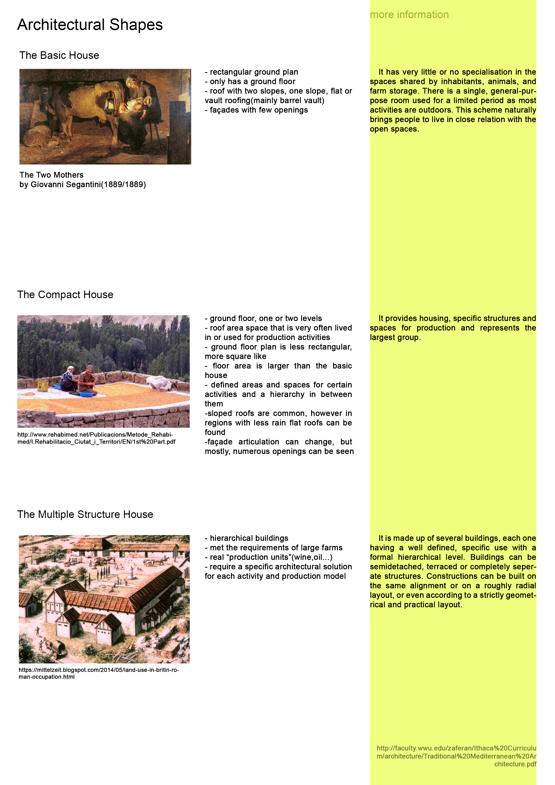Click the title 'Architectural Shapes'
click(90, 25)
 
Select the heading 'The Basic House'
click(59, 55)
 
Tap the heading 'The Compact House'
click(65, 294)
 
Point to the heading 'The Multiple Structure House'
click(85, 514)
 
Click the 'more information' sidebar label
click(409, 15)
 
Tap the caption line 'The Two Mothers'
click(51, 175)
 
